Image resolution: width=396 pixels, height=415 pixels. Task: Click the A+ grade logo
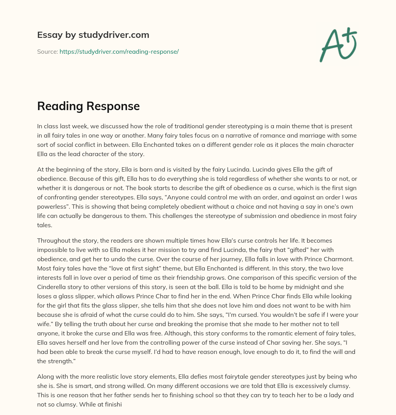(x=338, y=45)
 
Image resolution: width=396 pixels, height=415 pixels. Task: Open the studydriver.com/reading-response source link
(x=119, y=51)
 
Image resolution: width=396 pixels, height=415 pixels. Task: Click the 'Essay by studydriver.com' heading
(x=93, y=35)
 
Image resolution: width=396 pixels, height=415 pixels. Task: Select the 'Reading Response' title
(x=88, y=106)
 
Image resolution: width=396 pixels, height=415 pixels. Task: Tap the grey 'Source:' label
(x=47, y=51)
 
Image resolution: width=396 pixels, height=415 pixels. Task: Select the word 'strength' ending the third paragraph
(x=60, y=361)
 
